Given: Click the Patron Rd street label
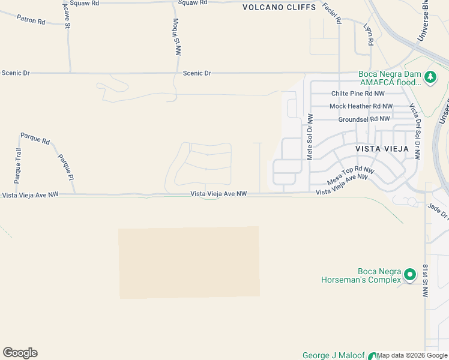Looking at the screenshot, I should point(30,20).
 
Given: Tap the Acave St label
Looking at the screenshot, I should point(66,16).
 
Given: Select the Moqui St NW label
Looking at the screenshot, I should point(176,37).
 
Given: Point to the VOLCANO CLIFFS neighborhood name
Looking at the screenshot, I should point(279,8).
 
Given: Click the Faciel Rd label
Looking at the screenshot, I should point(331,13).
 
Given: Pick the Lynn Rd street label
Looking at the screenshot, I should point(369,34).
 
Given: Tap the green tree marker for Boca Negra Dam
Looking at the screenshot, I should point(430,77).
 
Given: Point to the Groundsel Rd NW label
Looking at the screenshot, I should point(364,119).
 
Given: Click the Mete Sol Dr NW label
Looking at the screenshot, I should point(310,137).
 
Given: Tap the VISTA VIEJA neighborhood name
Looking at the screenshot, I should point(382,148).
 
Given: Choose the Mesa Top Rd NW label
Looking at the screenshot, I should point(351,176).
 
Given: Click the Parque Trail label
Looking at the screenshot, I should point(17,166).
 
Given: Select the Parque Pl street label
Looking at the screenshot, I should point(65,167).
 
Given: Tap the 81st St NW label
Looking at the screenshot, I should point(425,281).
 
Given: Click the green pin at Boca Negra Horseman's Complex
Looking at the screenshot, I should point(410,275).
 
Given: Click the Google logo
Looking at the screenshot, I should point(20,353).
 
